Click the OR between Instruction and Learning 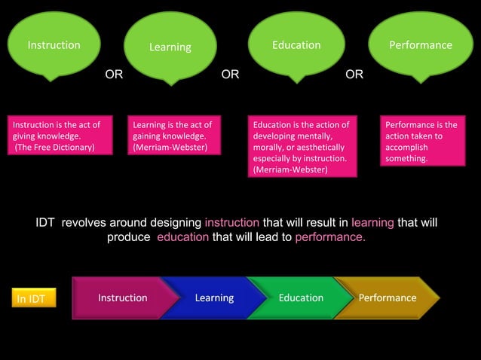(x=114, y=75)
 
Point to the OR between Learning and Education (x=230, y=75)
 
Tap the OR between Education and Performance (x=354, y=75)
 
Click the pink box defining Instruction (x=56, y=136)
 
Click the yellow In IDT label (x=31, y=299)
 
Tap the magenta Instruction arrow (x=121, y=297)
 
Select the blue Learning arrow (x=213, y=297)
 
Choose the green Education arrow (x=299, y=297)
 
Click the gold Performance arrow (x=387, y=297)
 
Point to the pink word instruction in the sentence (x=232, y=223)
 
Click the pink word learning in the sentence (x=372, y=223)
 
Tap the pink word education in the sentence (x=183, y=237)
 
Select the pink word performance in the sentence (x=330, y=237)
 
